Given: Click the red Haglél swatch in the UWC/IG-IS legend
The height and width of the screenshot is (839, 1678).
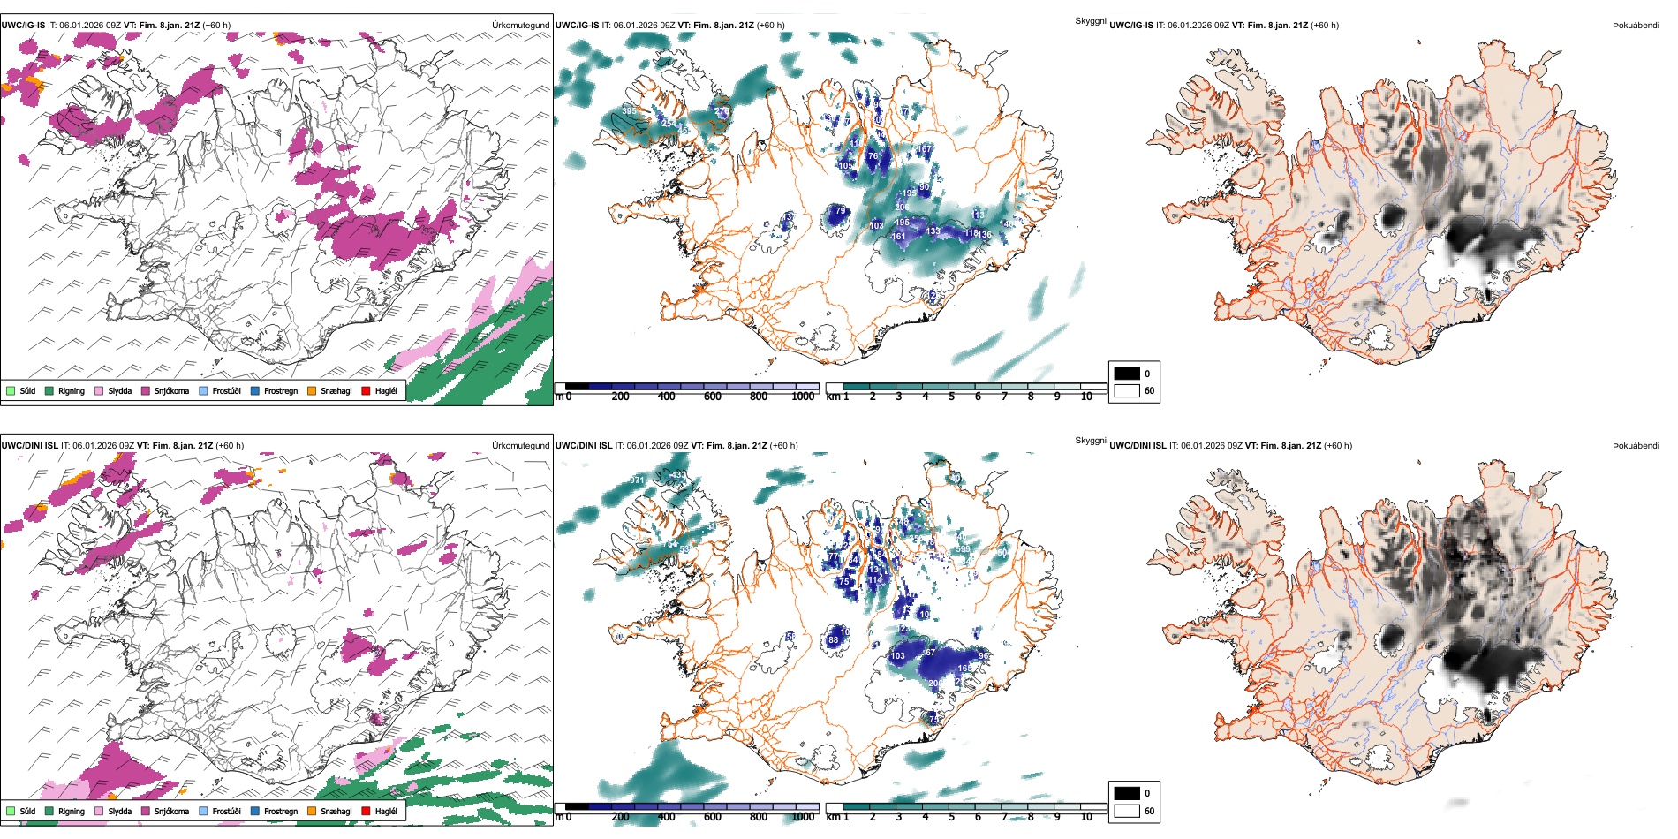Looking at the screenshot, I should click(x=366, y=390).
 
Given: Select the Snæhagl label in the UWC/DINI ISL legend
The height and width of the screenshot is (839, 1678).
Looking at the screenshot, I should click(x=336, y=811).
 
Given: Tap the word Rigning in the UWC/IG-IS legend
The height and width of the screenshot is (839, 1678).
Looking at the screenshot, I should click(x=72, y=390).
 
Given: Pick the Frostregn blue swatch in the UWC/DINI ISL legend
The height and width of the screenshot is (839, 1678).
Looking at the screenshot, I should click(x=255, y=811).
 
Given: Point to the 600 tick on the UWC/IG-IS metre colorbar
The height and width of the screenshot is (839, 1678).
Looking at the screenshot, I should click(x=713, y=397).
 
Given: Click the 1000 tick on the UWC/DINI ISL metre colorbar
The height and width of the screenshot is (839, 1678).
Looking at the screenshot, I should click(x=803, y=817).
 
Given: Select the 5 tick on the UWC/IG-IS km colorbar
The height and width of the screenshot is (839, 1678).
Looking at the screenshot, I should click(x=951, y=397).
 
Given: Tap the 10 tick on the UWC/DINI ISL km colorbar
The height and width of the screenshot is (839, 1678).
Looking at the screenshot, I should click(x=1086, y=817).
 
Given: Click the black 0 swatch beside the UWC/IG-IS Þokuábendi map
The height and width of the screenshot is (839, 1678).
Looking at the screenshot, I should click(x=1127, y=374).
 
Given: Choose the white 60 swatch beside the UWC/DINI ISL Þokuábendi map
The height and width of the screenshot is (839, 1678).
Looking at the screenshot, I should click(x=1127, y=810).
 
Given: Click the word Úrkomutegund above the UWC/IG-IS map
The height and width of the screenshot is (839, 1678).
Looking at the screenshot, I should click(x=520, y=26).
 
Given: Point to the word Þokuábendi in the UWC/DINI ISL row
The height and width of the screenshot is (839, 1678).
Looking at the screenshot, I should click(x=1636, y=446).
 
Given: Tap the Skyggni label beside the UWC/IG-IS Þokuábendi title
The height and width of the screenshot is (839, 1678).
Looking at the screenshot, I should click(x=1090, y=20).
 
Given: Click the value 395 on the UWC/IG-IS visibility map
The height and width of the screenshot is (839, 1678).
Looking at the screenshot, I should click(x=628, y=111).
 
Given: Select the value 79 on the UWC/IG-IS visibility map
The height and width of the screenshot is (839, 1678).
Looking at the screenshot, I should click(x=841, y=211).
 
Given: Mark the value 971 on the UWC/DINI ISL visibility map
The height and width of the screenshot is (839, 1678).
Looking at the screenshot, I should click(x=637, y=480).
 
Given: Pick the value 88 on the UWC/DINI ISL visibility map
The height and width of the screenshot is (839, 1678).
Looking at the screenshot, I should click(x=833, y=640).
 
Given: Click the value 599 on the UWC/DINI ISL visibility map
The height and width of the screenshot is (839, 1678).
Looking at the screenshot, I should click(x=963, y=549).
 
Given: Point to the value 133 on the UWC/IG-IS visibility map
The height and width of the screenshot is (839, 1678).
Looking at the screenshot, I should click(x=933, y=231).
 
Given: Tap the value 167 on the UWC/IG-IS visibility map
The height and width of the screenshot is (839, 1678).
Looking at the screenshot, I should click(x=925, y=149).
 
